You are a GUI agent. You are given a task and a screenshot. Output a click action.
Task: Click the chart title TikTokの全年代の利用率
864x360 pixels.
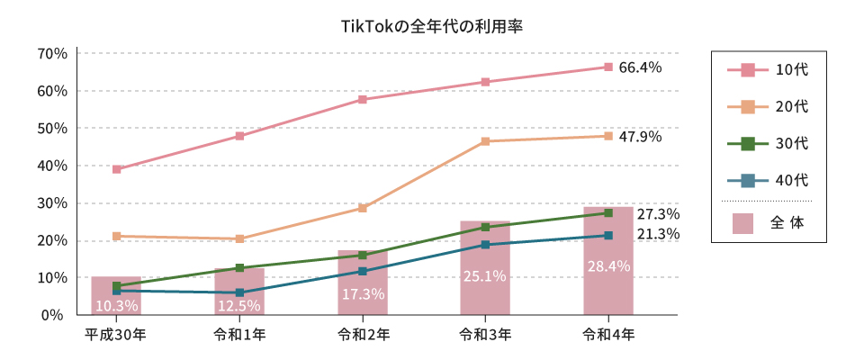(x=432, y=26)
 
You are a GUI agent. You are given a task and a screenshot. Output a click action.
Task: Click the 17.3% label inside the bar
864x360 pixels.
(x=363, y=294)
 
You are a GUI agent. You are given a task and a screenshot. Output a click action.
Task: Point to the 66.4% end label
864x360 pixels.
(x=640, y=67)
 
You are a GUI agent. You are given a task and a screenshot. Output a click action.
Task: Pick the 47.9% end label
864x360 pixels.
(x=640, y=137)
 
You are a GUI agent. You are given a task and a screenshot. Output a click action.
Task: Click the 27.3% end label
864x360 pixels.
(x=658, y=214)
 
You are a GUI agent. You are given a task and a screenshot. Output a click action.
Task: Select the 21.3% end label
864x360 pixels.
(x=658, y=235)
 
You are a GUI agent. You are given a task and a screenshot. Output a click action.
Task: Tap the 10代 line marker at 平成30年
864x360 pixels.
(x=117, y=169)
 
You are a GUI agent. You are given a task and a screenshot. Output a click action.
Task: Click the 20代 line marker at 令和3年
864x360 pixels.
(x=485, y=141)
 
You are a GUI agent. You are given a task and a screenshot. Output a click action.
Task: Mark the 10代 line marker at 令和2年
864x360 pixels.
(x=363, y=99)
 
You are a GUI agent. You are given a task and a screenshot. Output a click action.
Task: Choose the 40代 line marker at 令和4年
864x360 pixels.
(x=608, y=236)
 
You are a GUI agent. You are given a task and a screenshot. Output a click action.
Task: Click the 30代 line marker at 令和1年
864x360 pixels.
(x=239, y=268)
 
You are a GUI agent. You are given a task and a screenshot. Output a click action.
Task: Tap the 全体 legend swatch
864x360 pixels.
(x=742, y=222)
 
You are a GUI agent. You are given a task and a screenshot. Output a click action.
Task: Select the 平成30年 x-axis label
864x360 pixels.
(x=116, y=335)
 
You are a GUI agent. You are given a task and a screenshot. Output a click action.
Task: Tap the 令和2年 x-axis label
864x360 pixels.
(x=363, y=335)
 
